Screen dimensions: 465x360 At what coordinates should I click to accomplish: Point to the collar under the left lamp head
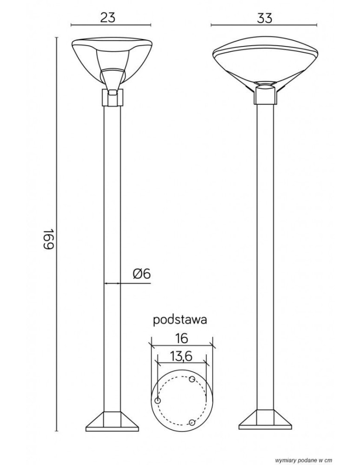pos(112,98)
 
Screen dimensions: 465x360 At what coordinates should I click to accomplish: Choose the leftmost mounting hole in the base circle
pos(158,400)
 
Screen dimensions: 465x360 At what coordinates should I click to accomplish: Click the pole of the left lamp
pos(112,232)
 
